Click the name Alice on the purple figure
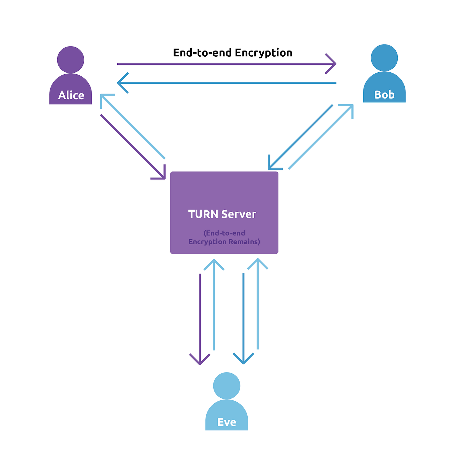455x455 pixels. coord(71,95)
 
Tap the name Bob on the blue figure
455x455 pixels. coord(384,95)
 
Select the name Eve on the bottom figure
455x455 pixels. coord(226,422)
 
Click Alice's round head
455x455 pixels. coord(70,60)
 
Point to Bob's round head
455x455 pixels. coord(384,58)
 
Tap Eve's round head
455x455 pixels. coord(226,385)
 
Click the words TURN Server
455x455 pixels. coord(222,214)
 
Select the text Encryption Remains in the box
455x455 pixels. coord(224,242)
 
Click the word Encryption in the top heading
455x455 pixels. coord(263,53)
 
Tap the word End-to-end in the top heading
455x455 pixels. coord(202,53)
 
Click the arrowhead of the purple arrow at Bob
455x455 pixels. coord(333,64)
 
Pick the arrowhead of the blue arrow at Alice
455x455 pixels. coord(121,83)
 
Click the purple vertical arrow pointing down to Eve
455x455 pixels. coord(200,318)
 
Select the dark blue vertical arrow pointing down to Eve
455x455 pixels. coord(244,318)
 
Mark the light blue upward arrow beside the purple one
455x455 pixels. coord(214,305)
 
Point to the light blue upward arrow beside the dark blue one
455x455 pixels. coord(258,305)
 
